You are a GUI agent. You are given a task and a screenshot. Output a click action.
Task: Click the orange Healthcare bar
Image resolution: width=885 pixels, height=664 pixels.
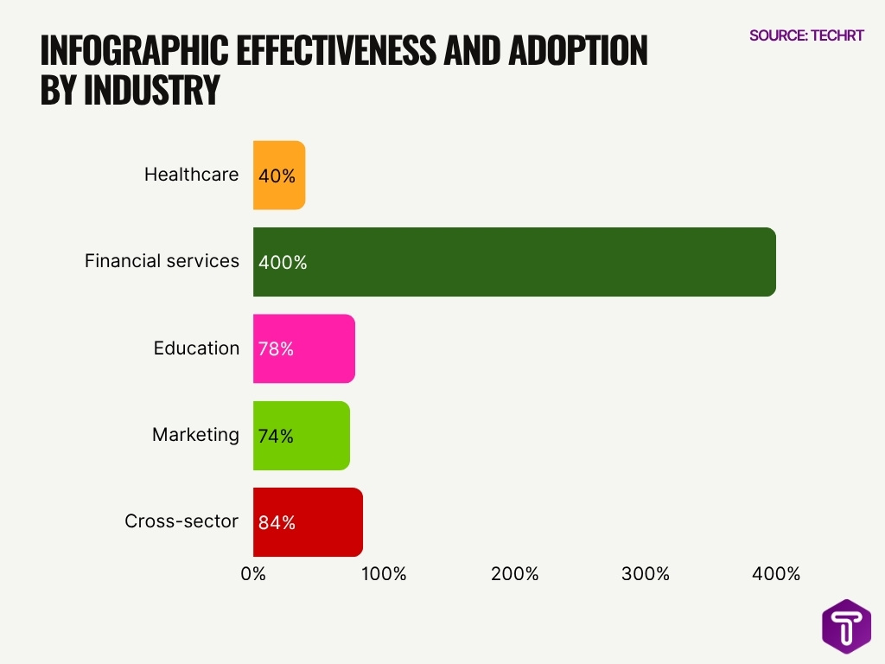279,175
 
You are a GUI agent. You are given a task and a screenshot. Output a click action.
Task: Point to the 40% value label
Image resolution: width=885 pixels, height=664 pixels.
277,176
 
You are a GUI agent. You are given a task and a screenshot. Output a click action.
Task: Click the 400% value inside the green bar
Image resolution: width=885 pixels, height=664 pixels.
283,262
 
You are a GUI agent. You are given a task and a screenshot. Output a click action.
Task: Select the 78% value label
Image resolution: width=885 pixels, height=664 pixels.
276,349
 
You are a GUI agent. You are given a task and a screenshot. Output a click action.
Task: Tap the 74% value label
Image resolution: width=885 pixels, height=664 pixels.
276,437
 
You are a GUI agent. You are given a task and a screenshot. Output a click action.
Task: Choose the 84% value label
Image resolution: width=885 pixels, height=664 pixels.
277,523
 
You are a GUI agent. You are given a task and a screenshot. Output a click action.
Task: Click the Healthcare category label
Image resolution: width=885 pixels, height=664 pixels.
191,175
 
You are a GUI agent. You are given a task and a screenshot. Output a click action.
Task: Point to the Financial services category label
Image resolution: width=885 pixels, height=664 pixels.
162,261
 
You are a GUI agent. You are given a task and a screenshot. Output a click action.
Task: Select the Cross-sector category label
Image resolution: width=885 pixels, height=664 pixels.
181,521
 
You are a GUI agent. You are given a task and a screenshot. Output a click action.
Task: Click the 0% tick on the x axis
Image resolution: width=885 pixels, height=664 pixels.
253,574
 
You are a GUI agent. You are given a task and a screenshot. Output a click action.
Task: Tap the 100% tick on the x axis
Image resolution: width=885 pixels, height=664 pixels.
384,574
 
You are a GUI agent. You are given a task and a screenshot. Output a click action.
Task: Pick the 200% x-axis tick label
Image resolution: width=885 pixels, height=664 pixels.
515,574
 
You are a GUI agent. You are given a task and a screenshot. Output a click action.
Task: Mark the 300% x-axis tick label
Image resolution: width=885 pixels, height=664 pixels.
646,574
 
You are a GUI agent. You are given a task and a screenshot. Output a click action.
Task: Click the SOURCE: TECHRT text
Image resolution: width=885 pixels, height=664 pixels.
806,35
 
